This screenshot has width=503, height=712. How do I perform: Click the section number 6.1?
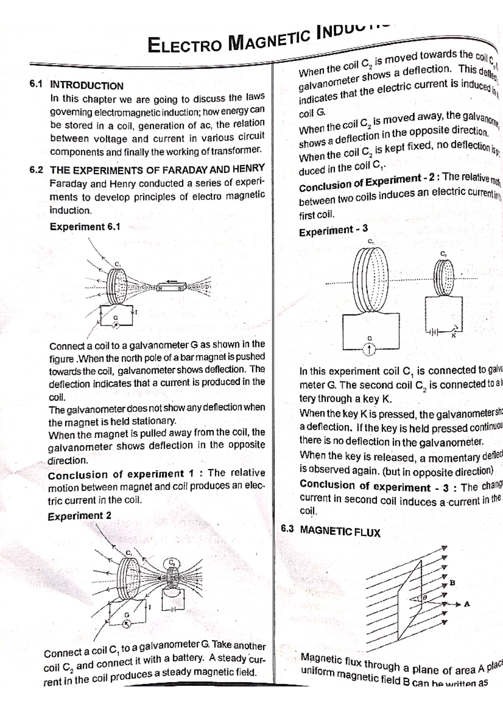coord(36,84)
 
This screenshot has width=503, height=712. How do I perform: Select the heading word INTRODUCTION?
coord(87,86)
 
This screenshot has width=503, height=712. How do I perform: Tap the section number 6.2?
coord(36,170)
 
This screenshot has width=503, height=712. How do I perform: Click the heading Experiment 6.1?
coord(85,227)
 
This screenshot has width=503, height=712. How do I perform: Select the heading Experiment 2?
coord(79,516)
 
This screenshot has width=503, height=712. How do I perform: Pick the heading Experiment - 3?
coord(333,230)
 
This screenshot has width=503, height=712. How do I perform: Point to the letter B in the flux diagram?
coord(452,582)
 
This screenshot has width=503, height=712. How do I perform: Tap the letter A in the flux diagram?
coord(467,604)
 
